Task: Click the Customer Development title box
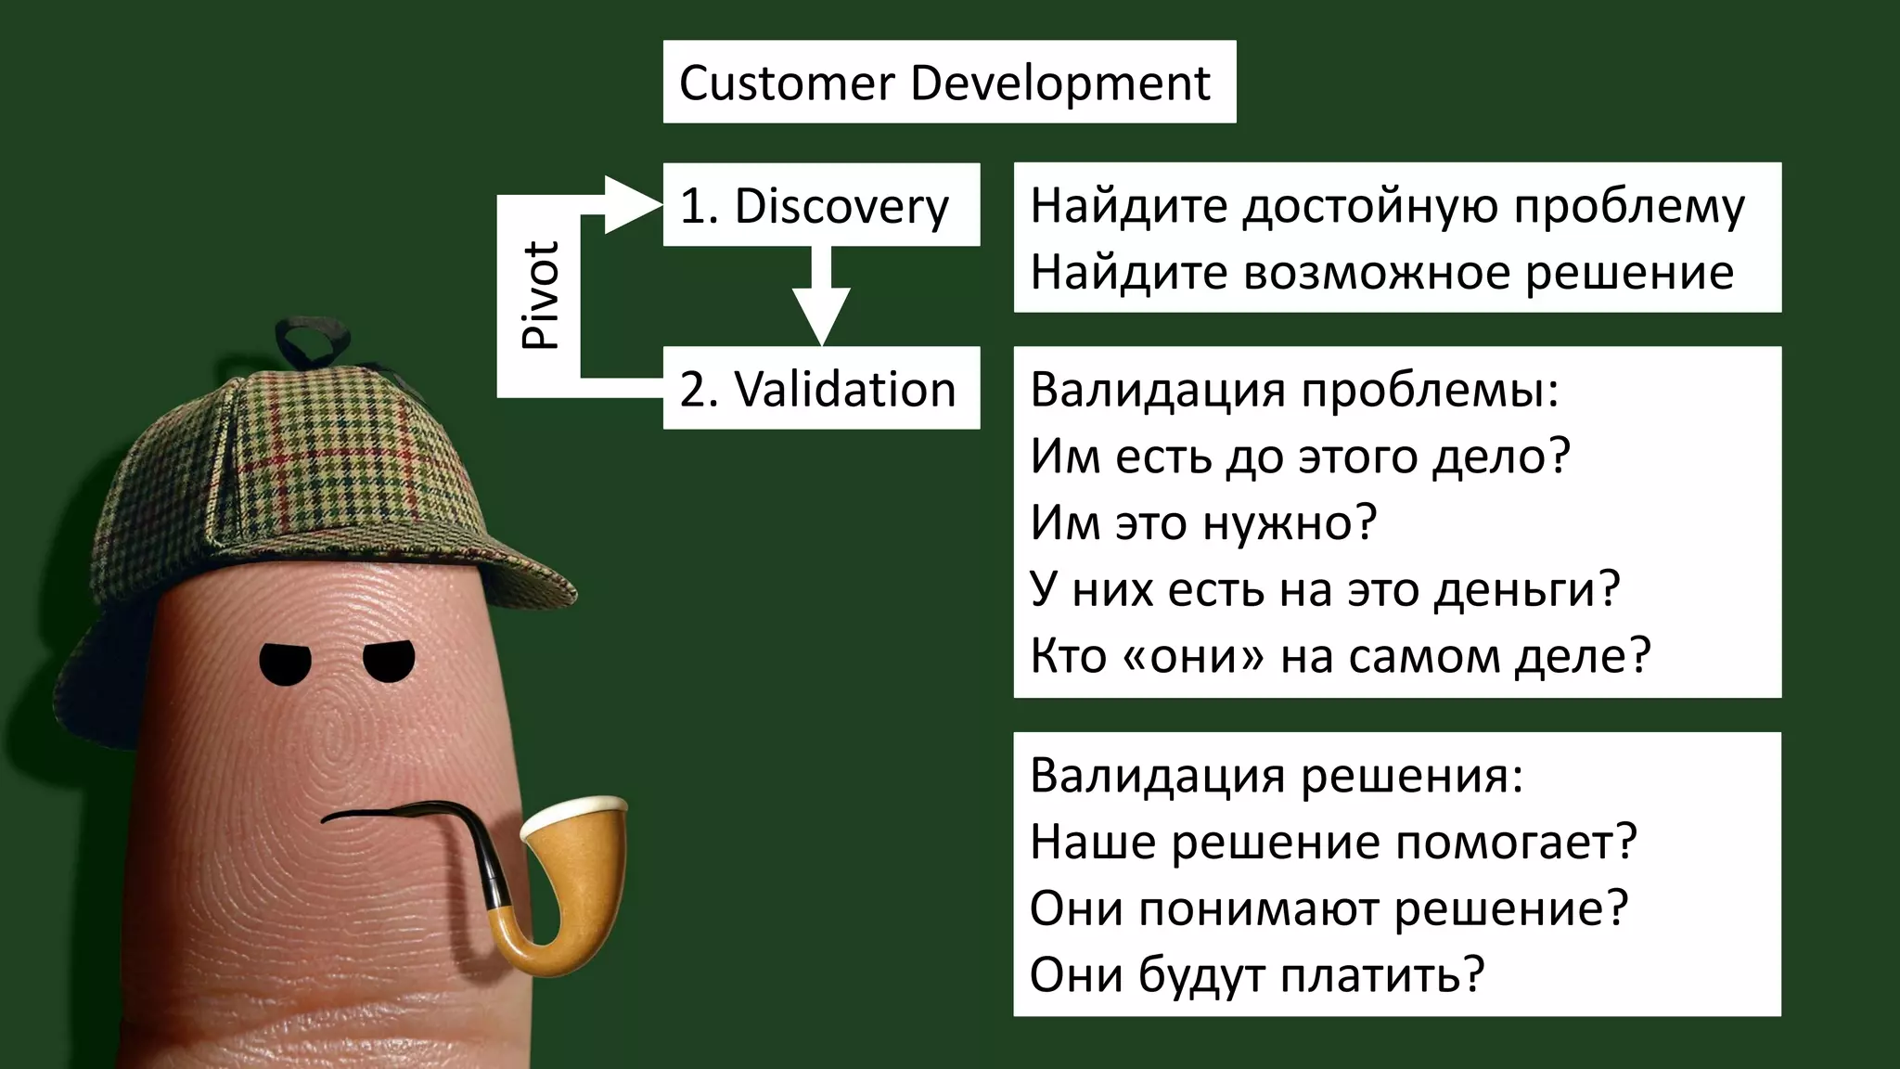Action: click(948, 82)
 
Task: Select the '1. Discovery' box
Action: click(820, 205)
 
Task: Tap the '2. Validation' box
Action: click(820, 388)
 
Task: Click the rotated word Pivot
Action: click(540, 295)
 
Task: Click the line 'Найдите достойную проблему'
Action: click(1387, 205)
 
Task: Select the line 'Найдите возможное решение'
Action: click(1381, 272)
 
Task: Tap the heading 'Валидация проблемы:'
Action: click(1294, 389)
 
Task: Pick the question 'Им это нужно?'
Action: click(1203, 522)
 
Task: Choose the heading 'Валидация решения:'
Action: click(1276, 775)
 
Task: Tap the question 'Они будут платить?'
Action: click(1257, 975)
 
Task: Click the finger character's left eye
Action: click(285, 663)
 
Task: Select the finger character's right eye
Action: click(389, 660)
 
